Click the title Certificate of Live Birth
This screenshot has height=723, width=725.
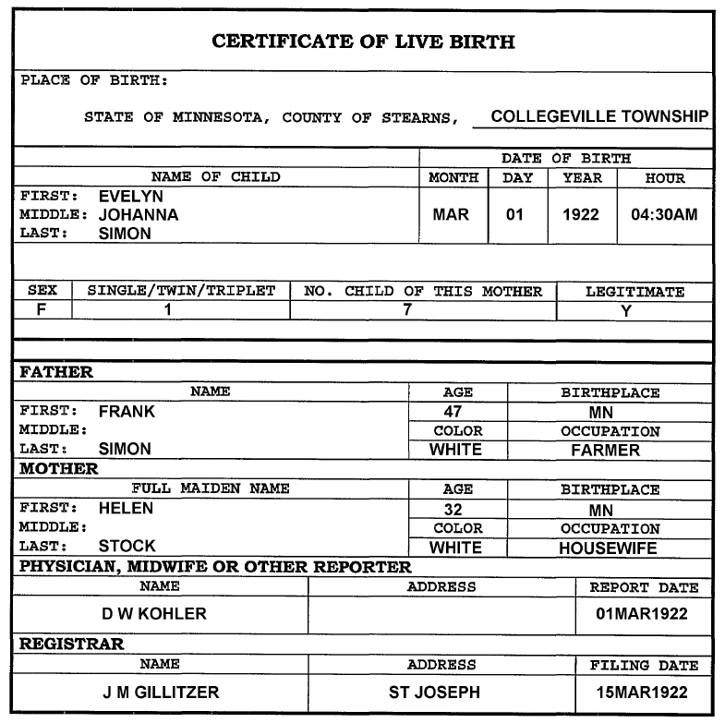coord(363,42)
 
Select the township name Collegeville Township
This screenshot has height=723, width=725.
coord(599,117)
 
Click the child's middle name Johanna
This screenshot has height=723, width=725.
coord(139,215)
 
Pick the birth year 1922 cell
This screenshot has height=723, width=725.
coord(581,215)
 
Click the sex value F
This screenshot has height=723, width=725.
coord(42,310)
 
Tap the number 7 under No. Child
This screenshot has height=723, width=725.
coord(406,310)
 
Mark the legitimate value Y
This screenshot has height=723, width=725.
coord(625,311)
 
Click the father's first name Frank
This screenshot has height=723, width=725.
coord(127,412)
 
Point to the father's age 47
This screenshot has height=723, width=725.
coord(453,412)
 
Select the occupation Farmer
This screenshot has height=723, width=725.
coord(605,451)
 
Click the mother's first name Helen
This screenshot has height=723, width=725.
coord(127,508)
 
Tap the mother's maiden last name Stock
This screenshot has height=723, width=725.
coord(127,547)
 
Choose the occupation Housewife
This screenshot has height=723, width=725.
coord(608,548)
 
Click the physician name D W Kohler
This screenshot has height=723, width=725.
coord(154,614)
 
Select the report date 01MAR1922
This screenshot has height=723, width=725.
coord(644,614)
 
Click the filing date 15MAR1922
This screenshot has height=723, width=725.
coord(644,692)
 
